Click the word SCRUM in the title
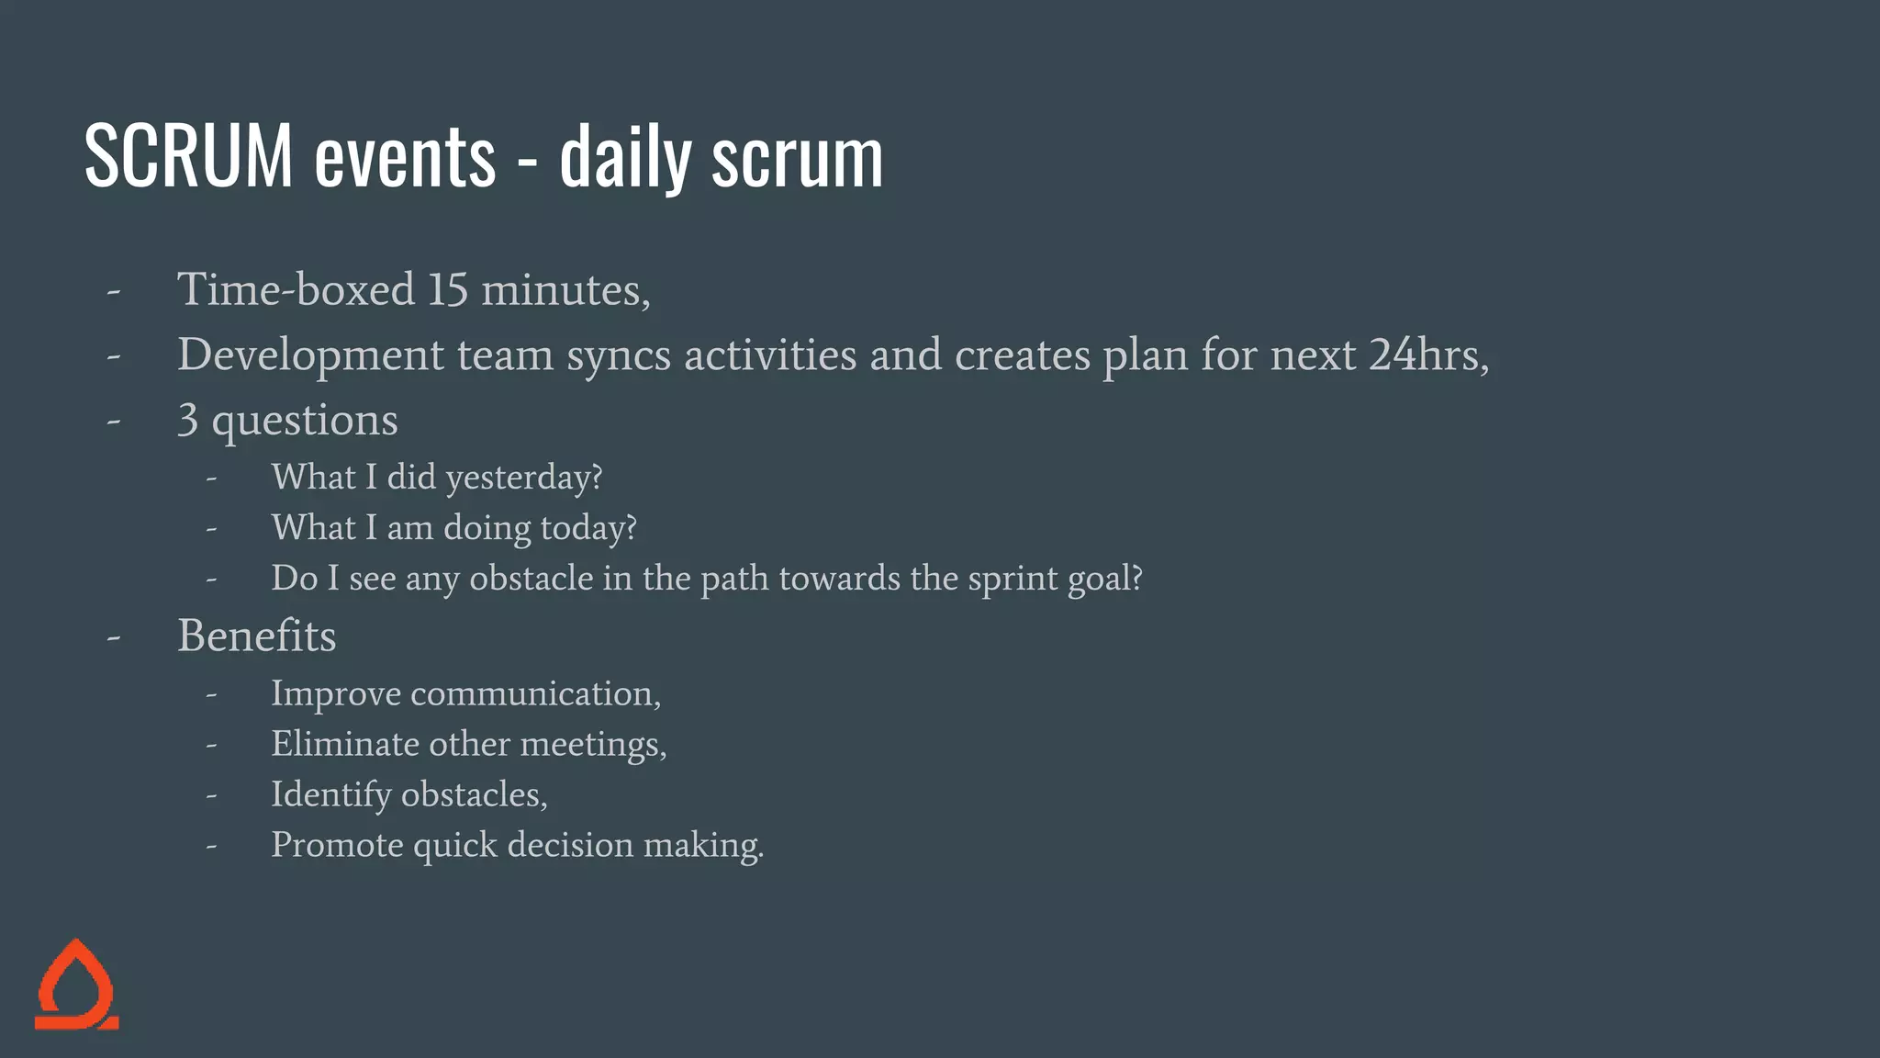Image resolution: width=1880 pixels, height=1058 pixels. coord(188,156)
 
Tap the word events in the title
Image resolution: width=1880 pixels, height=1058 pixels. coord(405,158)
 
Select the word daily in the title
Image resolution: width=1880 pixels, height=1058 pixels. coord(624,158)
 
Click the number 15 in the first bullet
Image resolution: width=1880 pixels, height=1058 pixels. coord(448,290)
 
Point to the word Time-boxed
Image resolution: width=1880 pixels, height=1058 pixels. coord(296,290)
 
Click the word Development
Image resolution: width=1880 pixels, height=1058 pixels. coord(310,355)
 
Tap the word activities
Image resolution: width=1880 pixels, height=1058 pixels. coord(770,355)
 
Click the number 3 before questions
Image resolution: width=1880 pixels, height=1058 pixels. coord(188,421)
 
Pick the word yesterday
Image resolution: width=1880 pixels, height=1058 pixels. coord(523,478)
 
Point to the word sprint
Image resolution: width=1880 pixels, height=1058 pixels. coord(1013,580)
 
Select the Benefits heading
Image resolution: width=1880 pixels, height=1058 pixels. coord(257,636)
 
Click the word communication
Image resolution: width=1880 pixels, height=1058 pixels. coord(534,694)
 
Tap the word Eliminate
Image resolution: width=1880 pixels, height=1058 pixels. coord(345,744)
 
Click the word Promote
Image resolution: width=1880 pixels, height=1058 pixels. coord(337,845)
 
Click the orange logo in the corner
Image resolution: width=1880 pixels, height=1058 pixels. coord(77,985)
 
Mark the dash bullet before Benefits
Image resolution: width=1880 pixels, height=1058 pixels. coord(114,636)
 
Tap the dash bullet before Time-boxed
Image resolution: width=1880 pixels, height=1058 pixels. coord(114,292)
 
